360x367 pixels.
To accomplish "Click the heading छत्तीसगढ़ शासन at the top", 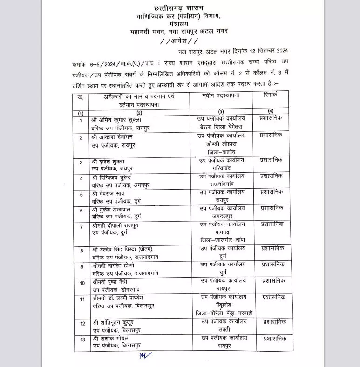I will tap(179, 8).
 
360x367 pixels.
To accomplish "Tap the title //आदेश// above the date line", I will tap(179, 41).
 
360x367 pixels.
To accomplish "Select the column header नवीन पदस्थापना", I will tap(219, 95).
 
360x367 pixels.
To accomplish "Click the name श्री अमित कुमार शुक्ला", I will tap(122, 119).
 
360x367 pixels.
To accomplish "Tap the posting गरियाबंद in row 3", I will tap(222, 168).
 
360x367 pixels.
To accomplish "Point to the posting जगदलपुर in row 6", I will tap(222, 216).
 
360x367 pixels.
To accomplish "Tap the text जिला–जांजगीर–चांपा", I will tap(222, 239).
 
